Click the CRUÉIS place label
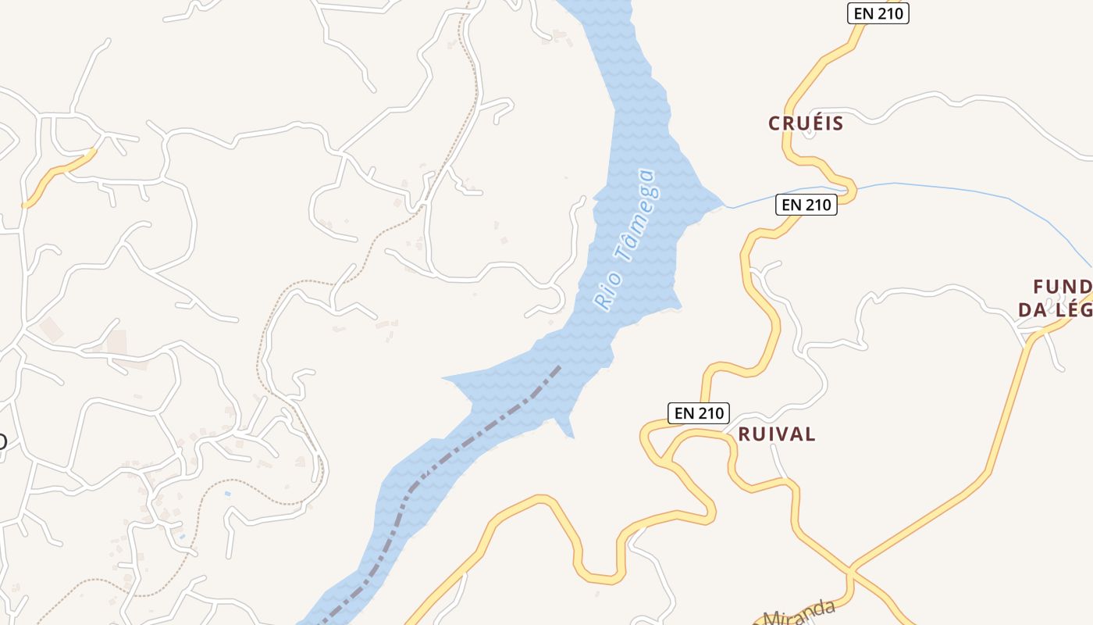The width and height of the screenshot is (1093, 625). pyautogui.click(x=806, y=123)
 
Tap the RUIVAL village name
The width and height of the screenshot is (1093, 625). pyautogui.click(x=777, y=434)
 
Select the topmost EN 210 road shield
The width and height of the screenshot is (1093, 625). pyautogui.click(x=878, y=13)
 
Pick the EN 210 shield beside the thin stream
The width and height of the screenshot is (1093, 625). pyautogui.click(x=806, y=205)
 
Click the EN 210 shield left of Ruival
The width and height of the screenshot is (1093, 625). pyautogui.click(x=698, y=413)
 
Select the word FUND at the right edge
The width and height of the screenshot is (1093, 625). pyautogui.click(x=1062, y=286)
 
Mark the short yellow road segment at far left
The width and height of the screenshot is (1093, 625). pyautogui.click(x=59, y=177)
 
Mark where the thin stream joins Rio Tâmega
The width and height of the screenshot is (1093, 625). pyautogui.click(x=726, y=206)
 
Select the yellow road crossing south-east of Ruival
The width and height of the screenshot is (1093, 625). pyautogui.click(x=852, y=570)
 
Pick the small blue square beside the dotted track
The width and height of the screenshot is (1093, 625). pyautogui.click(x=226, y=494)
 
